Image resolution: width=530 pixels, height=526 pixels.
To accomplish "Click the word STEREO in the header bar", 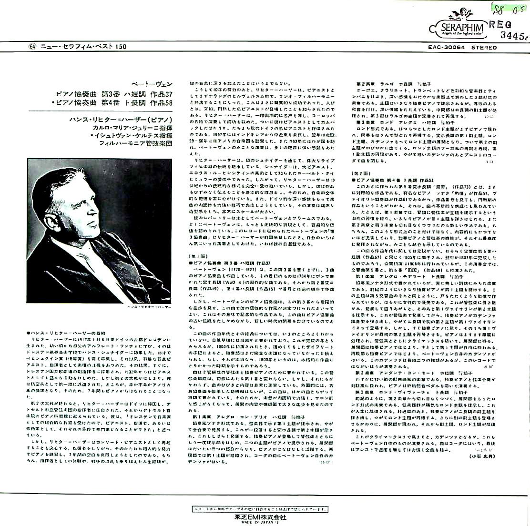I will pyautogui.click(x=484, y=47).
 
